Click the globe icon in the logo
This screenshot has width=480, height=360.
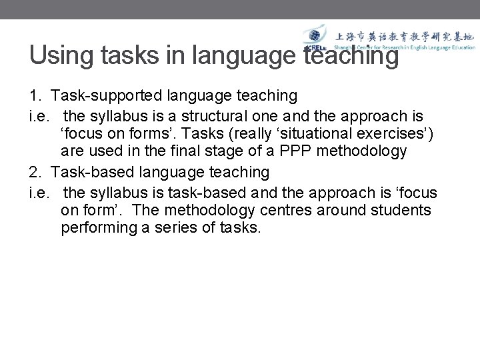pyautogui.click(x=313, y=37)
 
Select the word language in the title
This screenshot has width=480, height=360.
pyautogui.click(x=244, y=55)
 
